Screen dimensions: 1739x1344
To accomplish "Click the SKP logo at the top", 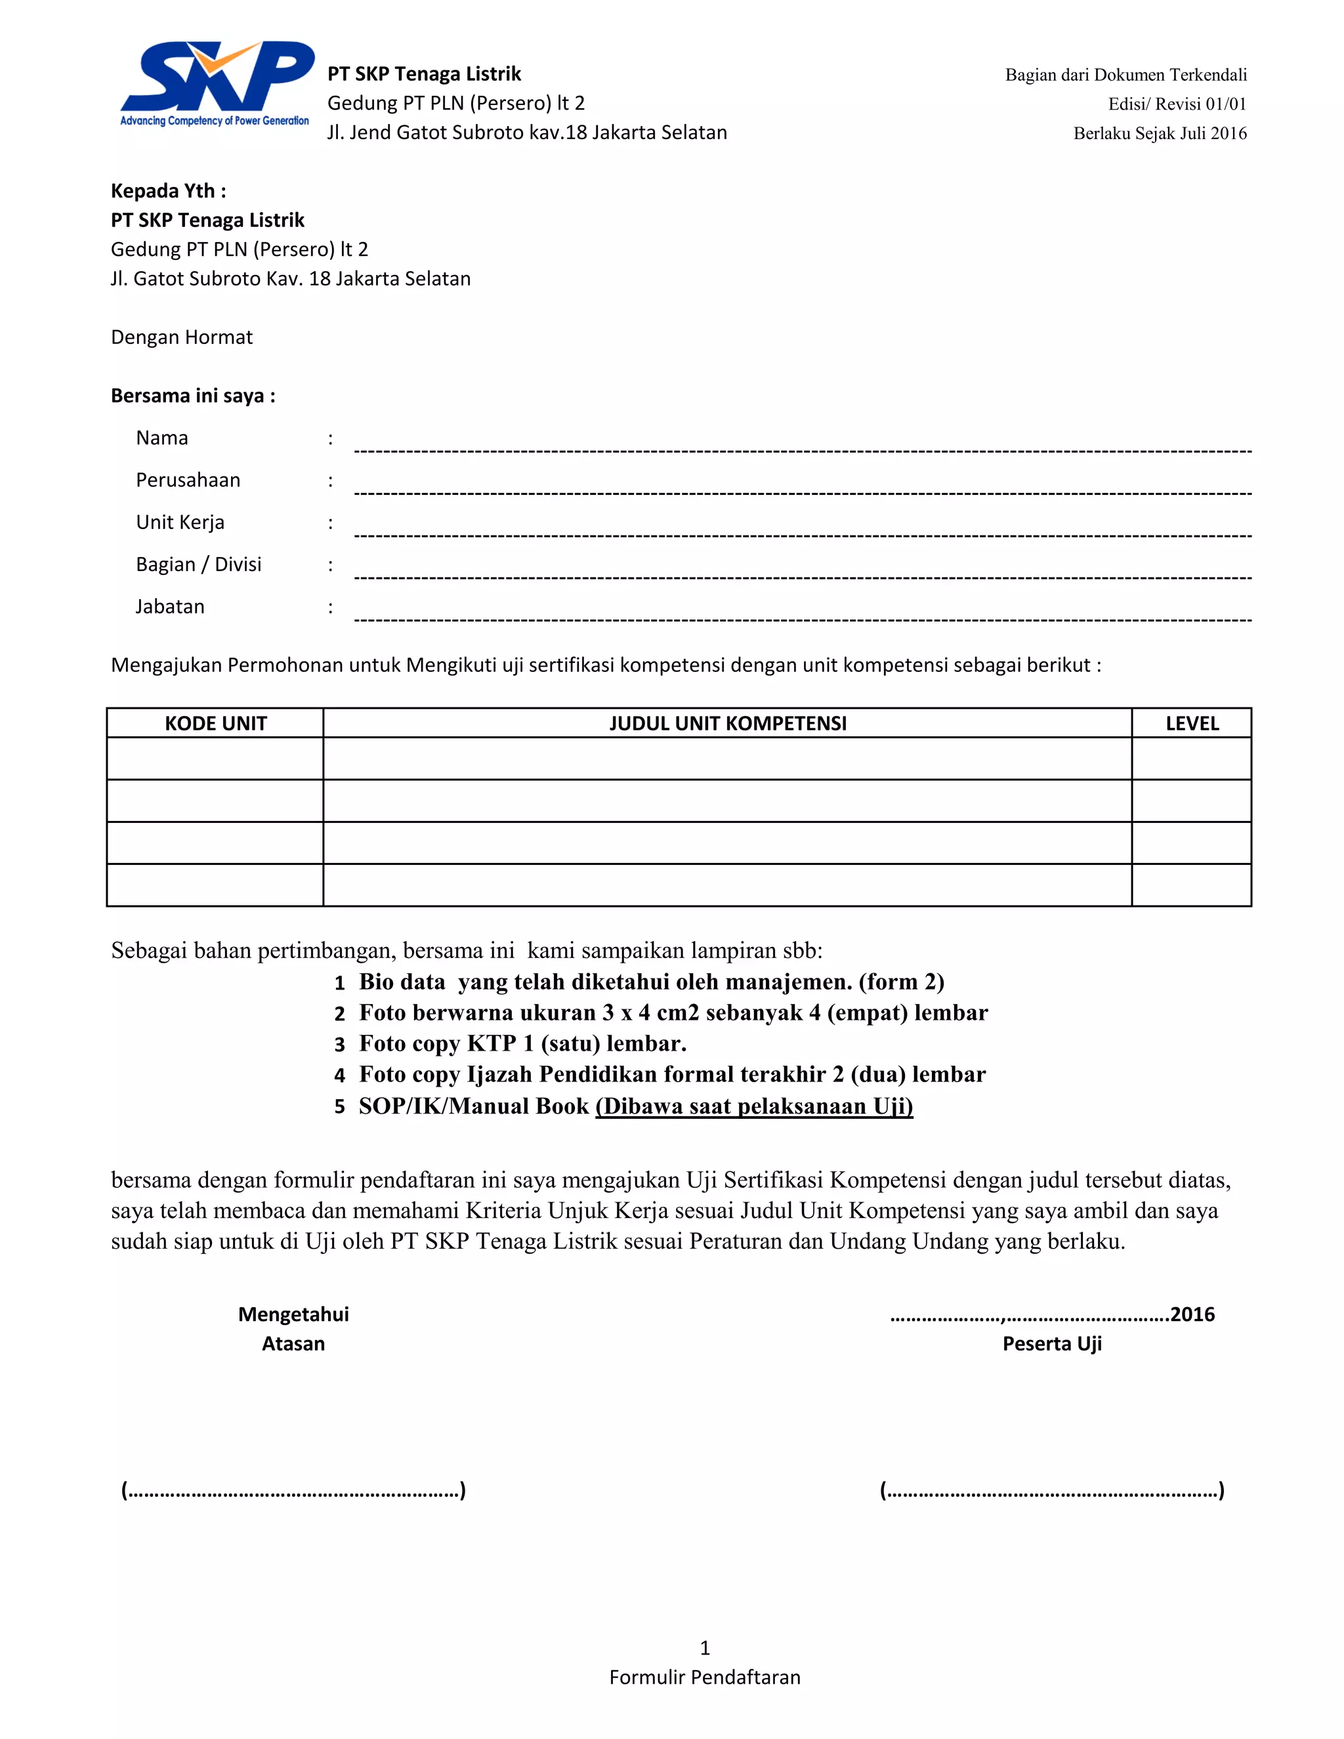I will point(216,83).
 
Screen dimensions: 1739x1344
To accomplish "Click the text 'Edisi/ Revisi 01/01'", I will point(1177,104).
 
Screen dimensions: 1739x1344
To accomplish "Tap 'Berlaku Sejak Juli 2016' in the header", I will point(1160,134).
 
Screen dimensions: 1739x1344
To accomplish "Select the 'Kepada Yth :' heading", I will point(168,191).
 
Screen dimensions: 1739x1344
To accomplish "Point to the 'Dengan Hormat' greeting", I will point(182,337).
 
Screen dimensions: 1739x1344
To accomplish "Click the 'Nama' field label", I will point(161,438).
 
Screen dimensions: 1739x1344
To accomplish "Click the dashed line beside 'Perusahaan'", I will point(803,493).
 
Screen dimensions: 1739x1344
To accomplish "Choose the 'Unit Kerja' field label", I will point(180,522).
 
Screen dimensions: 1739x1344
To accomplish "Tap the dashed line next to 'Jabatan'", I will point(803,619).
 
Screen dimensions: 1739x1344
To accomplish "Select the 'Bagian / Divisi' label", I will point(198,564).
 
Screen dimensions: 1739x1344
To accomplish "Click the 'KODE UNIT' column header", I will point(215,723).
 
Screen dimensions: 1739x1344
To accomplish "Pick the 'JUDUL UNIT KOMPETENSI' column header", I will point(727,723).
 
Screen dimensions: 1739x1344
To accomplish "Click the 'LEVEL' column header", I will point(1191,723).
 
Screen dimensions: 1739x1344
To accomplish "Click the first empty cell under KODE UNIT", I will point(215,758).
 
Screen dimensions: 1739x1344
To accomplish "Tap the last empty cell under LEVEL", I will point(1191,885).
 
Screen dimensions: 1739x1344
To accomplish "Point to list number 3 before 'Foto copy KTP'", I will point(339,1045).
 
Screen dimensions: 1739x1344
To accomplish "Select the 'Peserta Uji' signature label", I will point(1051,1343).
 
